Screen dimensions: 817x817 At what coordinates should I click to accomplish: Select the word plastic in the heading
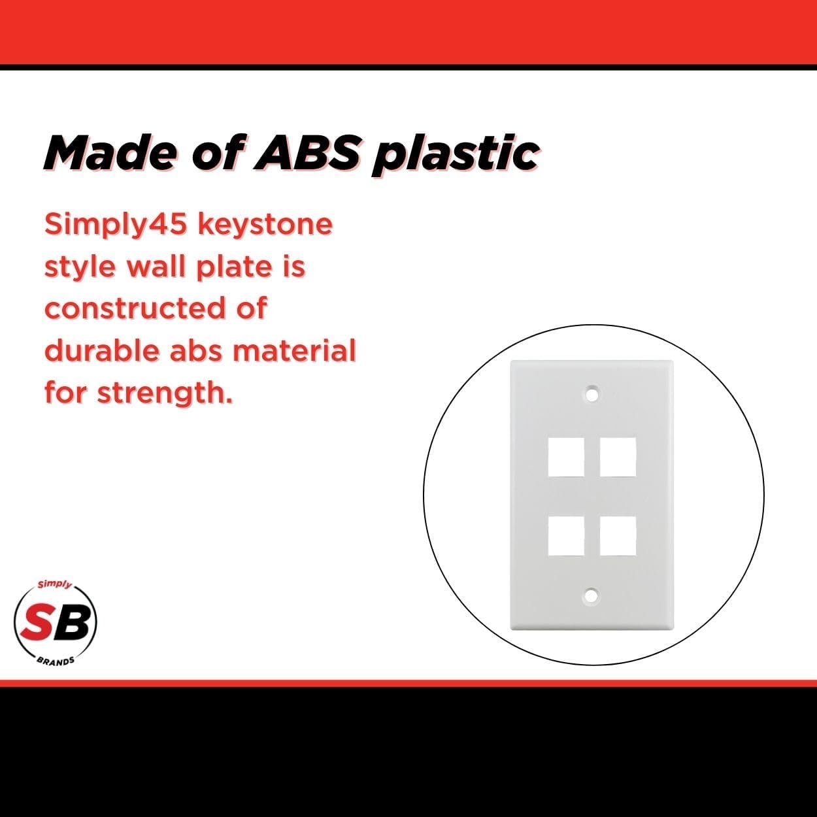tap(455, 155)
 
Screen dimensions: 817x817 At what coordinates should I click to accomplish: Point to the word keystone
tap(265, 224)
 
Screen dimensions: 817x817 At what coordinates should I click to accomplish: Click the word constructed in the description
tap(135, 308)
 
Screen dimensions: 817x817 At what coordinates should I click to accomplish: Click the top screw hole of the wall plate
tap(592, 395)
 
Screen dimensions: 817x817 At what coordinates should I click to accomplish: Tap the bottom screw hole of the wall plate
tap(591, 595)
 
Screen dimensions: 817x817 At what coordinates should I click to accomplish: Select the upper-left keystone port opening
tap(566, 458)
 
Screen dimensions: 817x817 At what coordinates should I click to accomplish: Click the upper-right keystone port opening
tap(618, 458)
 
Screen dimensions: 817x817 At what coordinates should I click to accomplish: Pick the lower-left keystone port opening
tap(566, 536)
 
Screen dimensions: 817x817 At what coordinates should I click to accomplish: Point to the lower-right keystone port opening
tap(618, 536)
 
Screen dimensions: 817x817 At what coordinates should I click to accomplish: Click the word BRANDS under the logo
tap(56, 661)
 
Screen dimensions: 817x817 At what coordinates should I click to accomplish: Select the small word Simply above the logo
tap(54, 585)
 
